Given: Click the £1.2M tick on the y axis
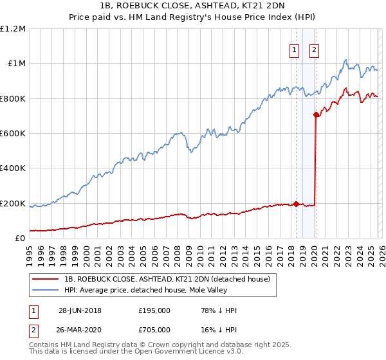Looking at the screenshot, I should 13,29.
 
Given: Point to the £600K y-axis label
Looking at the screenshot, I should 13,134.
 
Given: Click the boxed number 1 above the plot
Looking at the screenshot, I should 295,50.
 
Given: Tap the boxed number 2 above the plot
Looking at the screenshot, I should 315,50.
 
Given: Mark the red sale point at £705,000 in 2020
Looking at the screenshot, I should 316,115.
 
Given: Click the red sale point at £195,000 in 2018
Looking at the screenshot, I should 296,204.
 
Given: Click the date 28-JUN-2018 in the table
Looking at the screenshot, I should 80,310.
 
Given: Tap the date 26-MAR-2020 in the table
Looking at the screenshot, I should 80,330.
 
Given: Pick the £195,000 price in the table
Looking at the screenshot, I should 154,310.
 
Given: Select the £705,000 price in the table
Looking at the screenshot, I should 154,330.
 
